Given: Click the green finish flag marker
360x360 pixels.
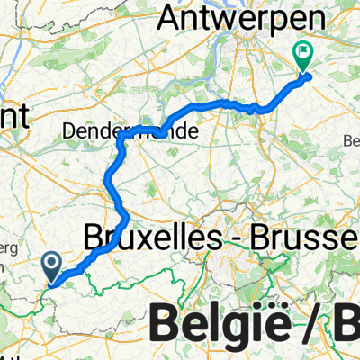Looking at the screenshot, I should [304, 57].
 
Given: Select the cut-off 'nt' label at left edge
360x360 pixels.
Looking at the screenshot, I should [13, 115].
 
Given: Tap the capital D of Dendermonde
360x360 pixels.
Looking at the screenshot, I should [70, 131].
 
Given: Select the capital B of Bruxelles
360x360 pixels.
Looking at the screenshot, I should [92, 238].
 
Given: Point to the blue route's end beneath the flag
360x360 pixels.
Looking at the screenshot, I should [306, 75].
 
